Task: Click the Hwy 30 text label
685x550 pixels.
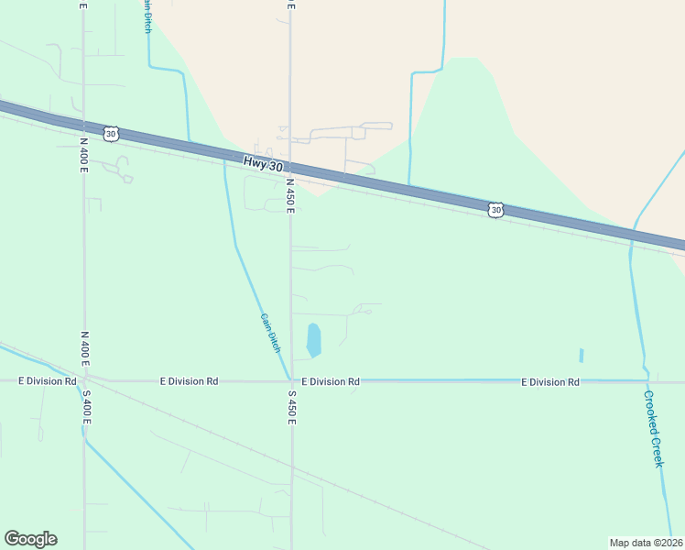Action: [264, 163]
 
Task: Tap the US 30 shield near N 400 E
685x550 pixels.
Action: [111, 134]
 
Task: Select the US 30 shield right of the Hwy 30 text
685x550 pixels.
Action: [495, 210]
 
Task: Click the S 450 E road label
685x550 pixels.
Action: [291, 407]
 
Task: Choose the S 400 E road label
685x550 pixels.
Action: [86, 406]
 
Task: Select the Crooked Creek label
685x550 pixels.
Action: [652, 429]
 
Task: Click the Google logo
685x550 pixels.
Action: [30, 539]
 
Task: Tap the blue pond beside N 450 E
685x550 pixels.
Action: [313, 340]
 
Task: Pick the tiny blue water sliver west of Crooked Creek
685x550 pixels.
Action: [581, 355]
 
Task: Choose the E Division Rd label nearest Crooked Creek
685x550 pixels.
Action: [550, 381]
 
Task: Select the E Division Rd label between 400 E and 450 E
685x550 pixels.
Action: [189, 380]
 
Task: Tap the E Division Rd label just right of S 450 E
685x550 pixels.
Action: [331, 381]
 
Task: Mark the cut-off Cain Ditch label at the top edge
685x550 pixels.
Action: [147, 16]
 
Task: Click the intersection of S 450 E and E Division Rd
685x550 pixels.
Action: [291, 380]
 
